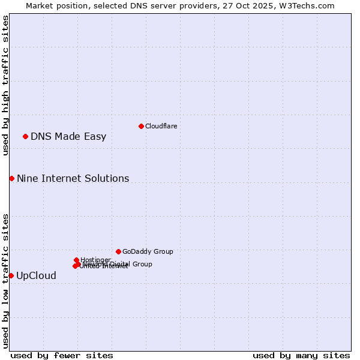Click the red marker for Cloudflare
141,126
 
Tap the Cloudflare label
161,126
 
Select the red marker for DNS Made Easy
25,136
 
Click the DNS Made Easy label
68,136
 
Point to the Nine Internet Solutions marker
11,178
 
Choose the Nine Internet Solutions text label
73,178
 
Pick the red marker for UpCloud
11,275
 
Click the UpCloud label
36,275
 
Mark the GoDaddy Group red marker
118,251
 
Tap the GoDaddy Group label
148,251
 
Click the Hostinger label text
95,260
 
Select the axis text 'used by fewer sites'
62,355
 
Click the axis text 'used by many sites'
301,355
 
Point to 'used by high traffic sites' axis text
5,85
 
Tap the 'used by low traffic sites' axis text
5,281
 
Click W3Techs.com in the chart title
310,5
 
